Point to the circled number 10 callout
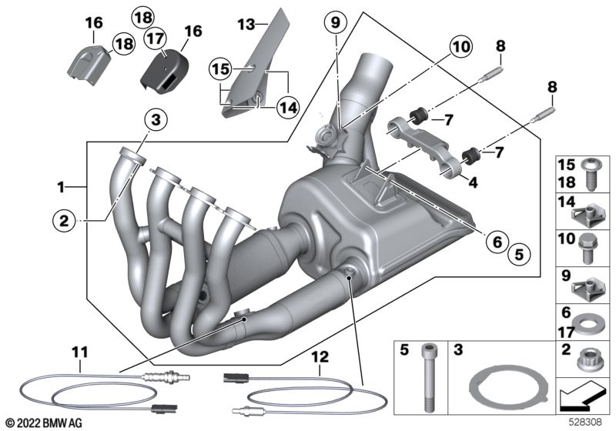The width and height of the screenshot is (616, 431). click(x=460, y=47)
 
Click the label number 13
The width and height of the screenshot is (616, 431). click(x=244, y=25)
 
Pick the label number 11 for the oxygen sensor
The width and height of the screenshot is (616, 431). click(x=80, y=352)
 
